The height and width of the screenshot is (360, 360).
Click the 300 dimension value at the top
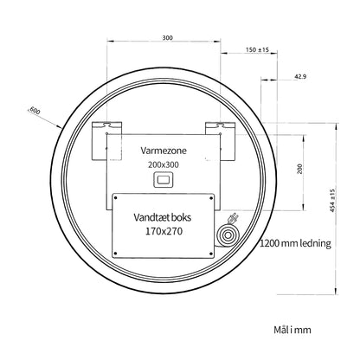click(x=167, y=38)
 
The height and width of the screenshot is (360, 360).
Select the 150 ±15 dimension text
click(x=257, y=50)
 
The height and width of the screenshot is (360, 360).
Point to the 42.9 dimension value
click(x=300, y=77)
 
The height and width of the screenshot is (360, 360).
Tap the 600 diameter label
click(x=35, y=111)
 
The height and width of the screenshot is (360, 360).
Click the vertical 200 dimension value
click(x=300, y=169)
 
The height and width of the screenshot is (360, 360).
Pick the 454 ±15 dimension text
click(x=332, y=201)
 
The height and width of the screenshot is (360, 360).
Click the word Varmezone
click(x=164, y=151)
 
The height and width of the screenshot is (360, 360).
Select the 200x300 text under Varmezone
click(x=164, y=164)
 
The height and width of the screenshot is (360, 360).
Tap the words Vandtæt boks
click(x=163, y=217)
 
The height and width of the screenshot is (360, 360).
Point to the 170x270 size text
click(x=164, y=231)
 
